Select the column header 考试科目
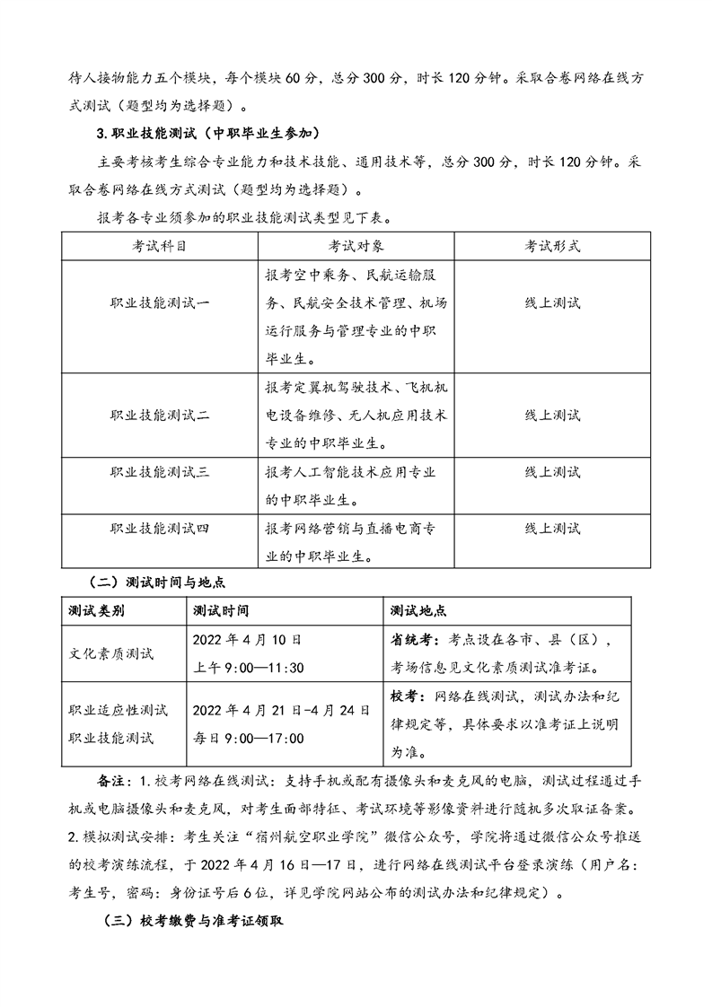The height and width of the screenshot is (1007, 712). (x=160, y=245)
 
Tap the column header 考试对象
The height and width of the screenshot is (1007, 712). (x=356, y=245)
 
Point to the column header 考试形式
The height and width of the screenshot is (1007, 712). (x=552, y=245)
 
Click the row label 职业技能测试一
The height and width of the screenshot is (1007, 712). (x=160, y=302)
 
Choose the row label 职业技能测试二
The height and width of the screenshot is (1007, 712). (x=160, y=415)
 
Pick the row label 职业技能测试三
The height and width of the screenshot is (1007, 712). (x=160, y=472)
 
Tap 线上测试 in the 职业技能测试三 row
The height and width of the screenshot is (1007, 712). (x=552, y=472)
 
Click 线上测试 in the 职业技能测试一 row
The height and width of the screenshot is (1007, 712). (x=552, y=302)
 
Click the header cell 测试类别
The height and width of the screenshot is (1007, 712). (x=96, y=611)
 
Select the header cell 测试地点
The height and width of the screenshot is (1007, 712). (x=418, y=611)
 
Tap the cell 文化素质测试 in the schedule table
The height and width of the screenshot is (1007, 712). (x=110, y=653)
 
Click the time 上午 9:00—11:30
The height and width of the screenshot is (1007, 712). (x=249, y=668)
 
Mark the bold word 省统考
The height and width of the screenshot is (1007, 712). (x=410, y=640)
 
